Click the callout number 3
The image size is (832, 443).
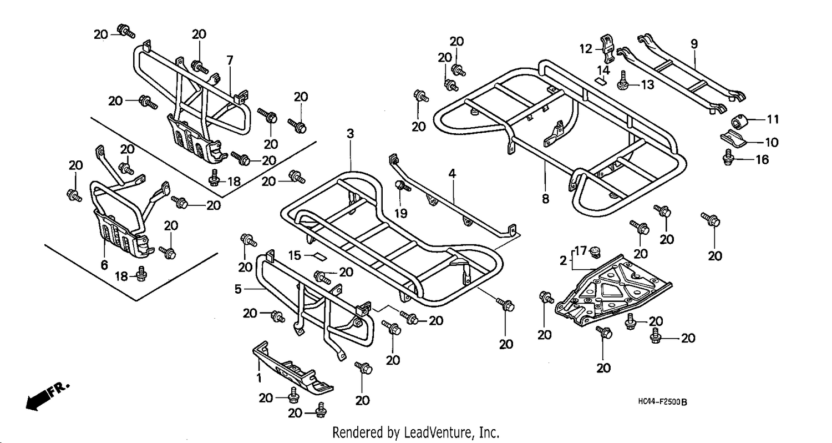click(350, 134)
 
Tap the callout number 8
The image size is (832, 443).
click(545, 199)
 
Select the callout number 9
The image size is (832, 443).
click(694, 44)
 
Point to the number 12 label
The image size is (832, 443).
click(586, 49)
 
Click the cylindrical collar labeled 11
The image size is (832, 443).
click(739, 121)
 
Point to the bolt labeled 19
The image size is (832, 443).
click(402, 186)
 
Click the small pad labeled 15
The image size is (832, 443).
click(319, 255)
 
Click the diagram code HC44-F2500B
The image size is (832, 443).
click(662, 402)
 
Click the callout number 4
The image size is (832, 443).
click(452, 174)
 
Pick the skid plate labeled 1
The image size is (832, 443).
click(293, 369)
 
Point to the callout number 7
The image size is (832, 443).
click(230, 60)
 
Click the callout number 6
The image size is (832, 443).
click(104, 265)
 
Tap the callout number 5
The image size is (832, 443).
click(238, 289)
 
